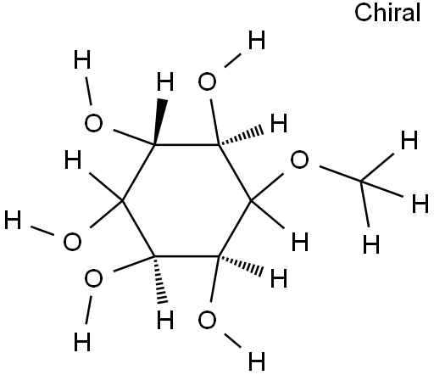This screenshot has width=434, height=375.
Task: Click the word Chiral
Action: (x=387, y=13)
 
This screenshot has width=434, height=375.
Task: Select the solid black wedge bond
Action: (x=160, y=121)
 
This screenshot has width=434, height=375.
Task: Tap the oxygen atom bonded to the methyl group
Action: (x=299, y=160)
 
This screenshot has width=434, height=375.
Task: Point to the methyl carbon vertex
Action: (x=361, y=181)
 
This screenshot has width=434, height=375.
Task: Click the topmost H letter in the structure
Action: (x=257, y=40)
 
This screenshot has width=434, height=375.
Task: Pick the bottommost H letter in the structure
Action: (x=257, y=361)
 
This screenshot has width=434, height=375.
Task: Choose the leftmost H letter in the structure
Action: (x=13, y=220)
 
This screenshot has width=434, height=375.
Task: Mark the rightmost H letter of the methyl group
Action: (x=420, y=204)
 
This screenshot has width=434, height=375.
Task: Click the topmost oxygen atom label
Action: (x=207, y=81)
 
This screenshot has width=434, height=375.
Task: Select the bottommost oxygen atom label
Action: (x=207, y=320)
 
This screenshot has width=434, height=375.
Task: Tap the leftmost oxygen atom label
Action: (x=72, y=242)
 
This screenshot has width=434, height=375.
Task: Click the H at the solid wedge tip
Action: (x=165, y=81)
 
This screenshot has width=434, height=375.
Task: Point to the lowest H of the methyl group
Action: (x=371, y=244)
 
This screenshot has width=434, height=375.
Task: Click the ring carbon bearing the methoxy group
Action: (x=251, y=201)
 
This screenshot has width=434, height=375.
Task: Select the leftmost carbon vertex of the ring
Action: (x=122, y=201)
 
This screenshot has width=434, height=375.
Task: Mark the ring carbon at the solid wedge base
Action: (x=154, y=145)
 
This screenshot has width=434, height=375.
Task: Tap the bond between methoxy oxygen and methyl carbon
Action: (x=340, y=174)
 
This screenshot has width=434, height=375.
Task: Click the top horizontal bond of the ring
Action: (x=186, y=145)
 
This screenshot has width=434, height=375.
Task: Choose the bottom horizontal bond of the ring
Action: (x=186, y=256)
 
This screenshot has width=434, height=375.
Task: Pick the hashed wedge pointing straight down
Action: (x=160, y=280)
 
